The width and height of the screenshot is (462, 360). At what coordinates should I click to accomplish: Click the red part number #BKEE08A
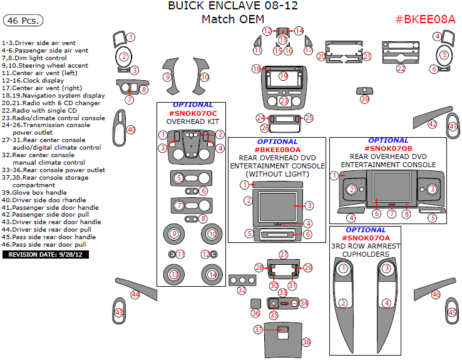pyautogui.click(x=425, y=19)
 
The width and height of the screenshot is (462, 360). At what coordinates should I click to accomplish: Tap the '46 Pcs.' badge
pyautogui.click(x=23, y=20)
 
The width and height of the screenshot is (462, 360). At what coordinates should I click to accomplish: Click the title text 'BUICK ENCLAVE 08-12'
pyautogui.click(x=233, y=6)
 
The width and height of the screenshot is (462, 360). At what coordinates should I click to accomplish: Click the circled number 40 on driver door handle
pyautogui.click(x=131, y=130)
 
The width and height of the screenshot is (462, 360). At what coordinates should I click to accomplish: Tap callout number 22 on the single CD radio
pyautogui.click(x=401, y=69)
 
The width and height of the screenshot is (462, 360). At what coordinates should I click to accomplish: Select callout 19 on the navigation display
pyautogui.click(x=284, y=76)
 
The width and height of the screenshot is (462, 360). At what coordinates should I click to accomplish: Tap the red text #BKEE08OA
pyautogui.click(x=277, y=150)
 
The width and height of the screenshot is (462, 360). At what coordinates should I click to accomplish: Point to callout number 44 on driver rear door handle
pyautogui.click(x=135, y=294)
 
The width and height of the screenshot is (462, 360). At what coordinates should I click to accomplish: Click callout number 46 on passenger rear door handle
pyautogui.click(x=436, y=294)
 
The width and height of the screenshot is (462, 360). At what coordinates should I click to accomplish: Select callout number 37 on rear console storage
pyautogui.click(x=258, y=329)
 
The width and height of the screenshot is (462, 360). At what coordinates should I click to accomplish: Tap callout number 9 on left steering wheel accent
pyautogui.click(x=167, y=77)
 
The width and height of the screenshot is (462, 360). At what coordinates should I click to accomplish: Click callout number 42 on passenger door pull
pyautogui.click(x=433, y=125)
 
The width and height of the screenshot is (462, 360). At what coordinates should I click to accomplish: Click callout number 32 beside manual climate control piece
pyautogui.click(x=242, y=290)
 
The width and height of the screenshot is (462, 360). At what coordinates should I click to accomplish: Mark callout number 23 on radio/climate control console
pyautogui.click(x=284, y=101)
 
